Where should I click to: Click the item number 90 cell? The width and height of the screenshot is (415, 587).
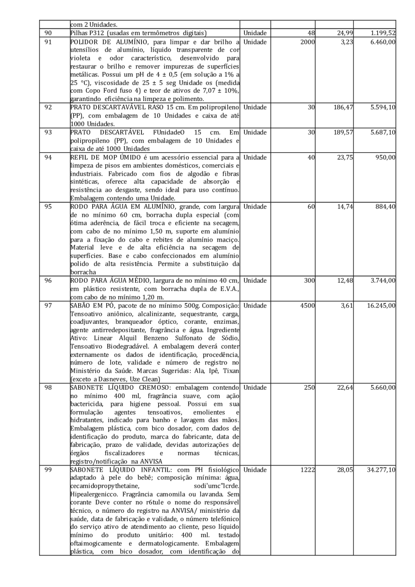[x=48, y=32]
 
